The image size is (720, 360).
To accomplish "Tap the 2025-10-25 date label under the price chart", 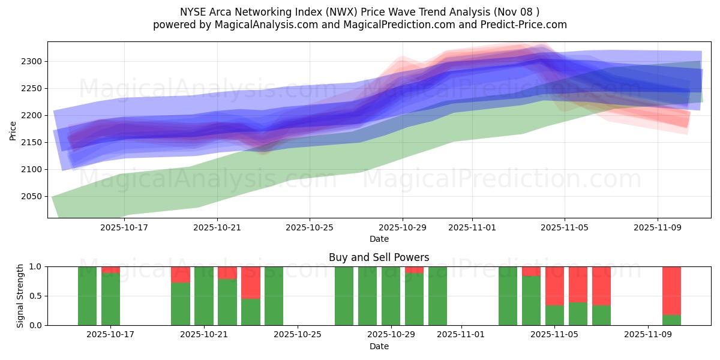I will (310, 227).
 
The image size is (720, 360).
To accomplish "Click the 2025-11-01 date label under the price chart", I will (472, 227).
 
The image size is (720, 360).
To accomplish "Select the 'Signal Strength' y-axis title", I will (20, 295).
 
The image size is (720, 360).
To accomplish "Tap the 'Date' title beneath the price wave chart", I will (379, 239).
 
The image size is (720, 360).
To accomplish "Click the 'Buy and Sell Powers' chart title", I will (379, 257).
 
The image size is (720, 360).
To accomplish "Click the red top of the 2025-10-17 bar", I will (110, 270).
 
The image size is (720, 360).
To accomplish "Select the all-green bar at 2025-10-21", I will (204, 296).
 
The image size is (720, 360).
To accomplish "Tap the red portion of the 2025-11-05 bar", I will (554, 286).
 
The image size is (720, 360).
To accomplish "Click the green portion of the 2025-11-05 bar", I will (554, 316).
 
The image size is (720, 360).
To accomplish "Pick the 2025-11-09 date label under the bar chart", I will (648, 335).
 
